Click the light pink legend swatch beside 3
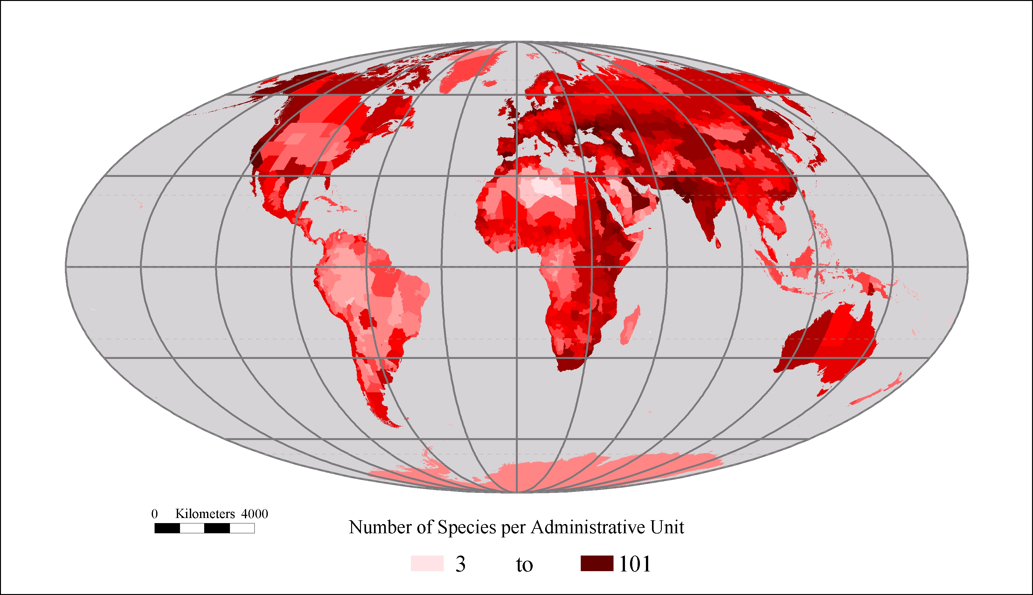pos(427,563)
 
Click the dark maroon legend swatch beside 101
pos(597,563)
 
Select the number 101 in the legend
pos(635,564)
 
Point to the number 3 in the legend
pos(460,564)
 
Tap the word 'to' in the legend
pos(524,565)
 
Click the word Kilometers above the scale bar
pos(205,514)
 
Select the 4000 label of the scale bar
pos(254,514)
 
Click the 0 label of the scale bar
pos(154,514)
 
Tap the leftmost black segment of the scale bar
pos(167,528)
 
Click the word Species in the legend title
pos(467,527)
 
